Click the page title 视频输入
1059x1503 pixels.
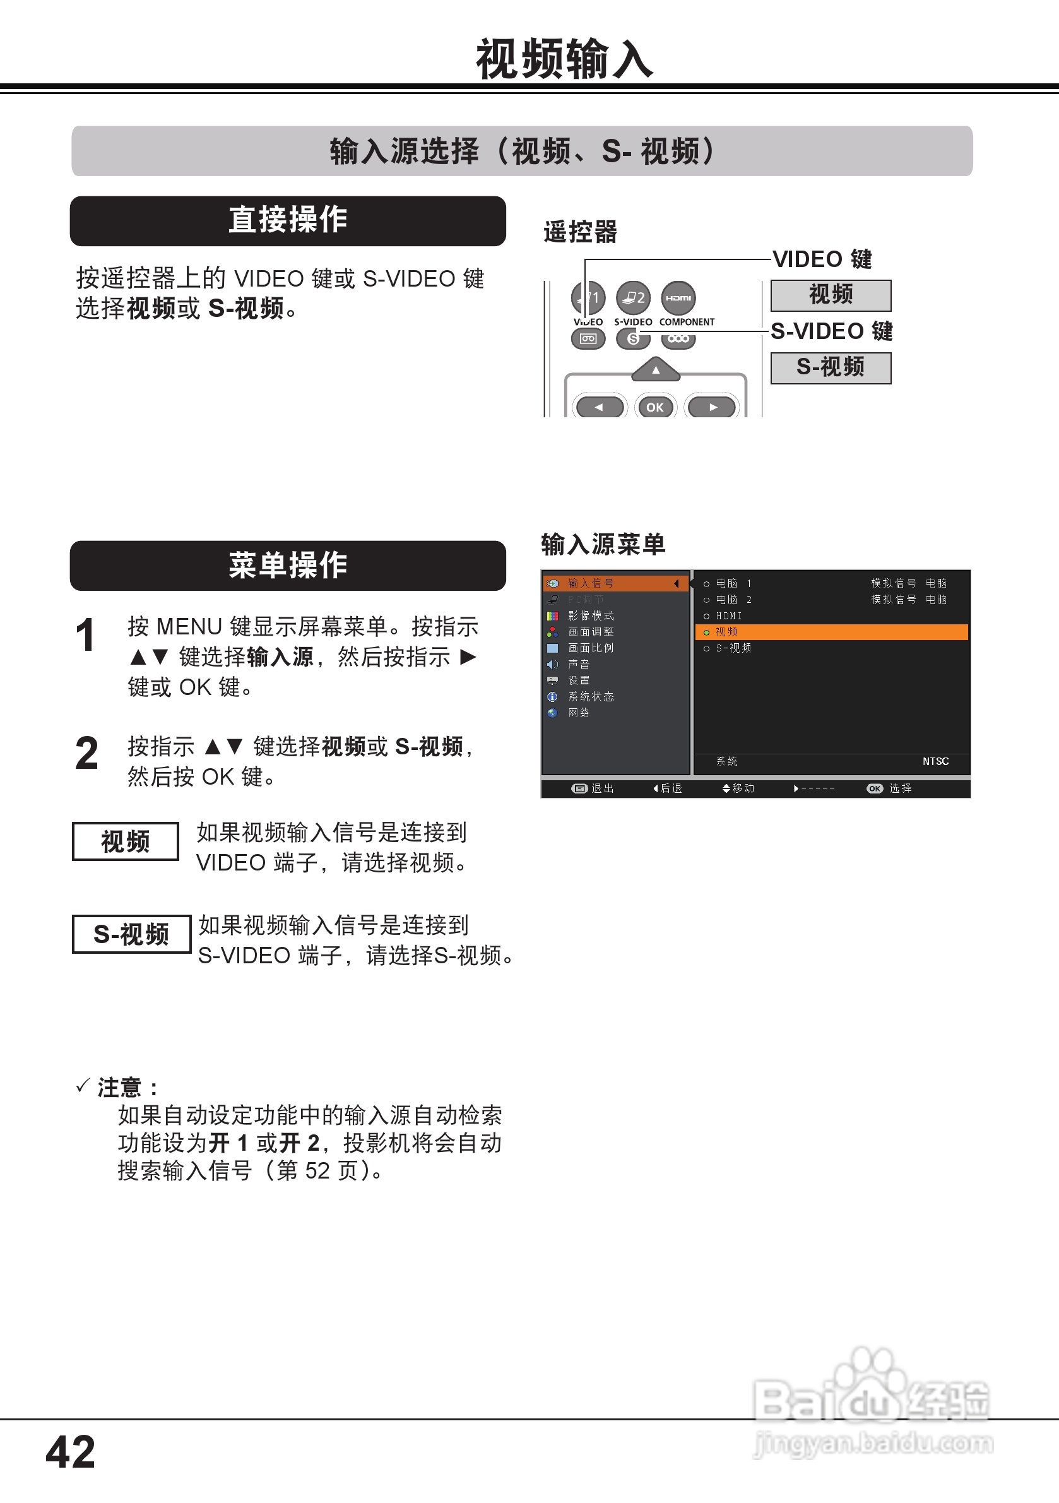click(x=564, y=59)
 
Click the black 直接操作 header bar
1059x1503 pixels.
click(x=288, y=220)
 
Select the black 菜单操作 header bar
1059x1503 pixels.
click(x=288, y=566)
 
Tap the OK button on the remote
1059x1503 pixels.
click(x=655, y=407)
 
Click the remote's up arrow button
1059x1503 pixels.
click(x=656, y=370)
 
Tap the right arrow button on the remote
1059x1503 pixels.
click(x=713, y=407)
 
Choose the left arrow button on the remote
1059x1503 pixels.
click(x=599, y=407)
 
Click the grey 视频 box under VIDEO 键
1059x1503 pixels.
click(x=831, y=295)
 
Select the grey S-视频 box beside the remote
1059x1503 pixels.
click(x=831, y=368)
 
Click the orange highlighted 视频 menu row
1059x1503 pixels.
click(x=831, y=632)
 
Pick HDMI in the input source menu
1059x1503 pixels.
click(x=728, y=616)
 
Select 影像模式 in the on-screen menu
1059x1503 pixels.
click(x=590, y=616)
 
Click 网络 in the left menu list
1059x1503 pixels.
click(x=579, y=713)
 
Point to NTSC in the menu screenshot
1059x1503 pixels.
click(x=935, y=761)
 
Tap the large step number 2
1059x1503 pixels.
click(x=86, y=754)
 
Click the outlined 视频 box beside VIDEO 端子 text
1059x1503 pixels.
click(x=125, y=841)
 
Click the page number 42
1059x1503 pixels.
click(x=71, y=1452)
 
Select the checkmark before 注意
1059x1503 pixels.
click(x=83, y=1086)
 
